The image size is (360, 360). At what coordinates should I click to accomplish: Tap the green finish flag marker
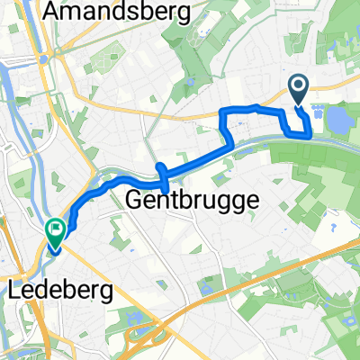pos(56,233)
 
